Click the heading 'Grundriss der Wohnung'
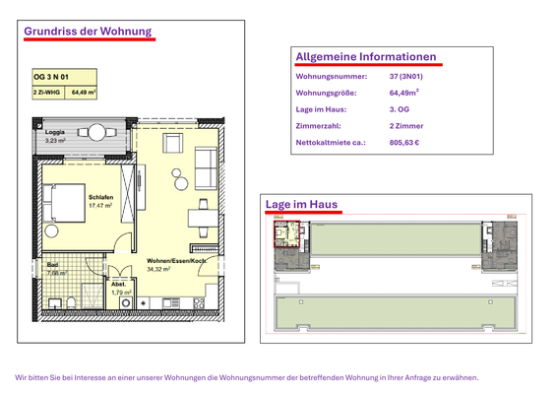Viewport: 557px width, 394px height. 88,31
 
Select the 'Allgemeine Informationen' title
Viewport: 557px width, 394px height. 365,56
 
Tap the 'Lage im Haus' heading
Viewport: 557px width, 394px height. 301,205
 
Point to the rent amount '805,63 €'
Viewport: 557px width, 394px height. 404,143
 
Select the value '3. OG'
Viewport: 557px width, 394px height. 400,109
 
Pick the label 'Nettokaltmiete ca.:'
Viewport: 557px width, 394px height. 331,143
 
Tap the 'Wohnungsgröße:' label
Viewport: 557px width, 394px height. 327,93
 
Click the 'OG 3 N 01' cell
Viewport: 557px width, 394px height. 52,76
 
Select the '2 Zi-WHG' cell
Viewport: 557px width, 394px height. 48,92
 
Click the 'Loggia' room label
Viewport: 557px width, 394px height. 55,132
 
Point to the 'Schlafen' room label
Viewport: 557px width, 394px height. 101,197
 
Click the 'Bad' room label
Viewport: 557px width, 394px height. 52,263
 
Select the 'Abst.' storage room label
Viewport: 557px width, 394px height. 117,285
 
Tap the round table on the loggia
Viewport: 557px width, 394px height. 97,132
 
